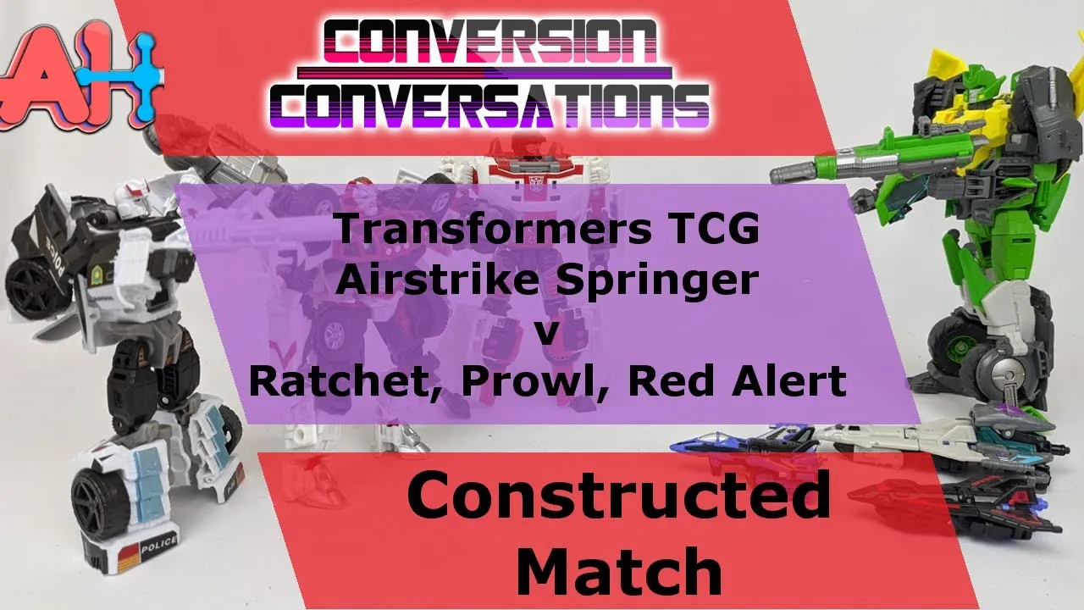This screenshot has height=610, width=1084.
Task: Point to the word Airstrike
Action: click(439, 280)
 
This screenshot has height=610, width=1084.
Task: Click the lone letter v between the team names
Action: click(546, 333)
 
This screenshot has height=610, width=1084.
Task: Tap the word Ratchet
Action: click(345, 381)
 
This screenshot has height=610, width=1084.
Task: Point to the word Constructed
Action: click(619, 496)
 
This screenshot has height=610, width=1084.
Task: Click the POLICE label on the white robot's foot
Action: click(158, 543)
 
